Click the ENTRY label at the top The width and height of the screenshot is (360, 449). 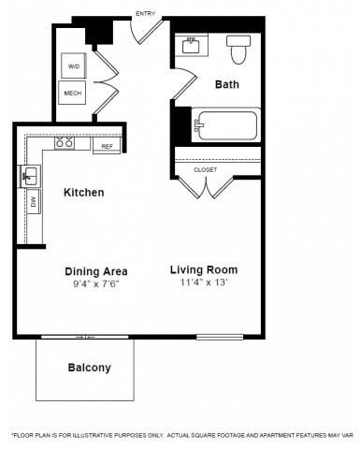[146, 14]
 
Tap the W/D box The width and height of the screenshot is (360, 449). [73, 66]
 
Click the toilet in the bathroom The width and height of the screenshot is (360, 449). [239, 51]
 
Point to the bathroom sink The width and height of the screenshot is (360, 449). [191, 45]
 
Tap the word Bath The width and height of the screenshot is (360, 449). [227, 84]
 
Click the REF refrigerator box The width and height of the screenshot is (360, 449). [107, 146]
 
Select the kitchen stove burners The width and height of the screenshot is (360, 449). [65, 144]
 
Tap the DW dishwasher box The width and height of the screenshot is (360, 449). [34, 201]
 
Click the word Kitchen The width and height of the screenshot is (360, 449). [83, 193]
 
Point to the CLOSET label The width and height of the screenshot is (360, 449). [206, 169]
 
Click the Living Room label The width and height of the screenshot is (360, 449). [205, 271]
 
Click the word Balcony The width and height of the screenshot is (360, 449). [89, 368]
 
